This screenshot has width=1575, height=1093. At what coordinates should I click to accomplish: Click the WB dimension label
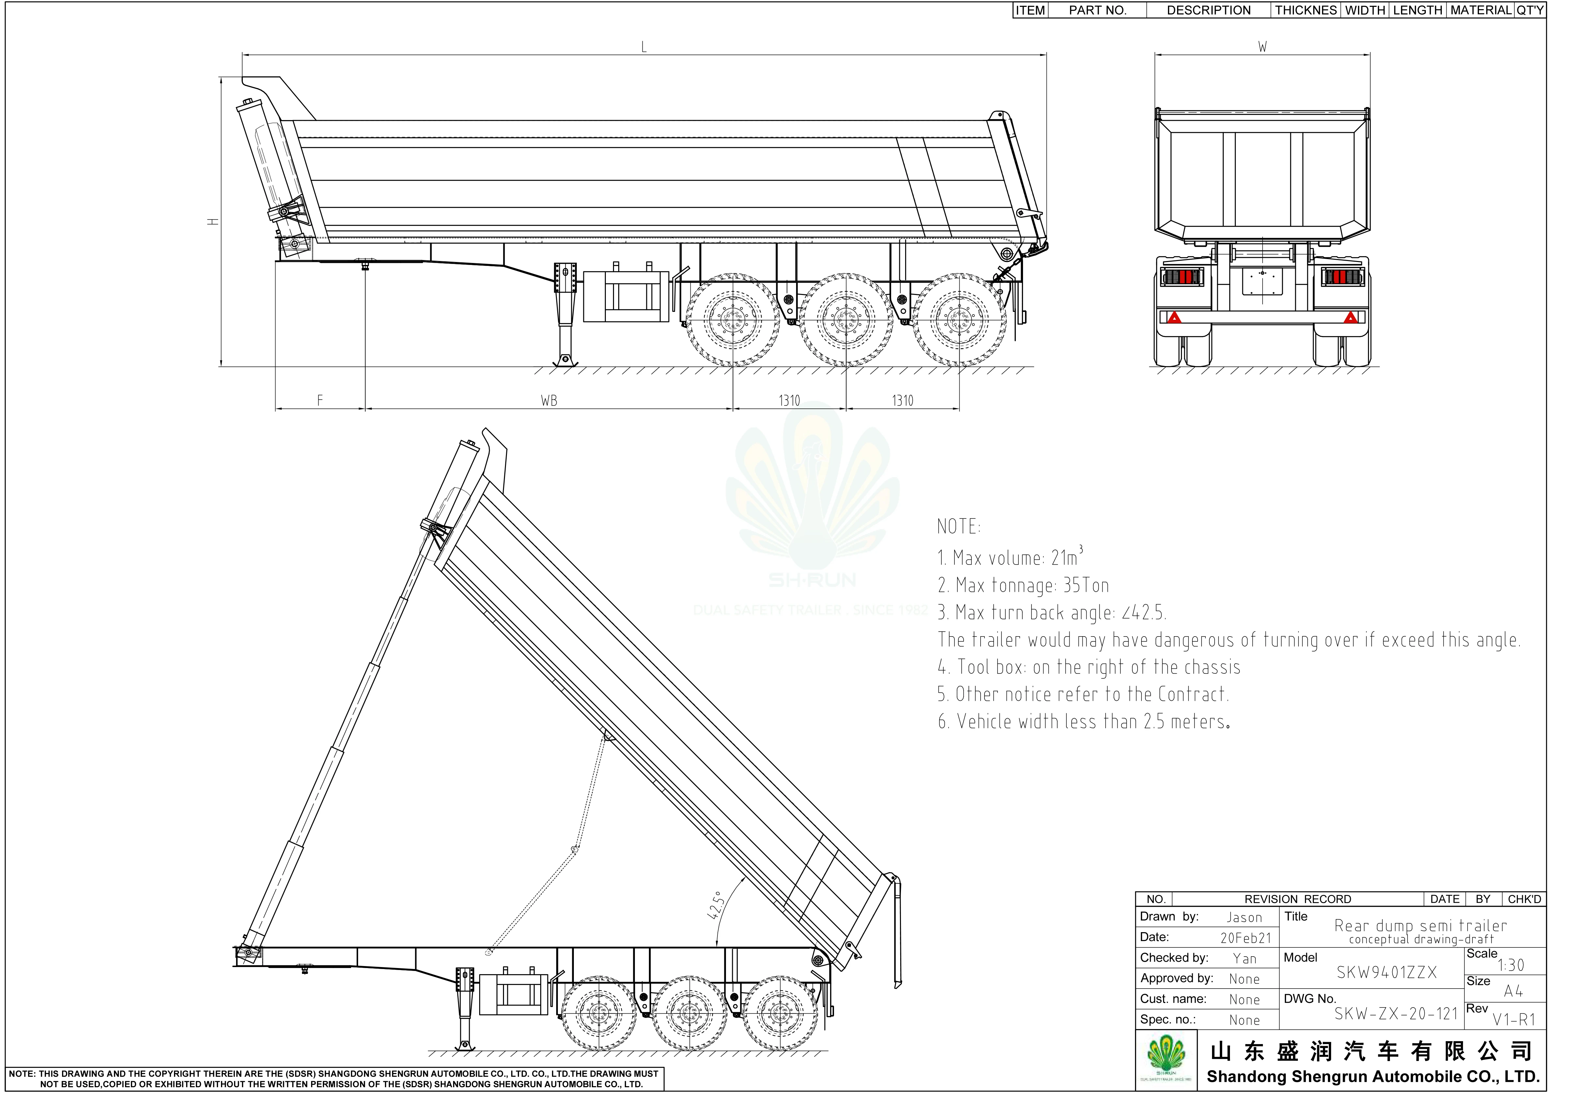[549, 401]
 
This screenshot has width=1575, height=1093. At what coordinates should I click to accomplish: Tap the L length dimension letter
[643, 47]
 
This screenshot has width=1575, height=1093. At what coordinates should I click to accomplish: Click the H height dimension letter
[214, 221]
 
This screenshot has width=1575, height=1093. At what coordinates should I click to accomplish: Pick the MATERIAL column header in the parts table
[1480, 10]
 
